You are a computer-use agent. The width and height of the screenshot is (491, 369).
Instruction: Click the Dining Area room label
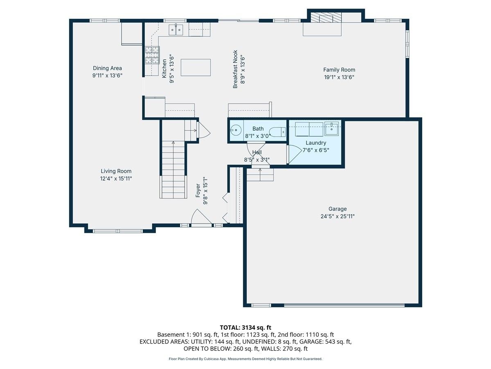[x=107, y=68]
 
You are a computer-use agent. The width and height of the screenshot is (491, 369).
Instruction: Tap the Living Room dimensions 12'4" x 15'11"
[x=116, y=179]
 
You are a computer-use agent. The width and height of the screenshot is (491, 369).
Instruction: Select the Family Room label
[x=339, y=70]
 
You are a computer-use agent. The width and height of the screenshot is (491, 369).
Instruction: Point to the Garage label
[x=338, y=209]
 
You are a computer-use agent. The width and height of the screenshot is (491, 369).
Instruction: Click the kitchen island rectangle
[x=196, y=67]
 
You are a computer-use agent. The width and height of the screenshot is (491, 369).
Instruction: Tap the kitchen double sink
[x=176, y=30]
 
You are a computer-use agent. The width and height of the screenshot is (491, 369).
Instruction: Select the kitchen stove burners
[x=152, y=55]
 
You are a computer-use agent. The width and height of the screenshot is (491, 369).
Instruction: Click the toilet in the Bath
[x=277, y=132]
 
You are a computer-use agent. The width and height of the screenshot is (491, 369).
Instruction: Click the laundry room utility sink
[x=331, y=129]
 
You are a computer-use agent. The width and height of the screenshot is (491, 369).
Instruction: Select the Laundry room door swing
[x=294, y=154]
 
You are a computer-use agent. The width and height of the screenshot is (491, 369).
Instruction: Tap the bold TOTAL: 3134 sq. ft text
[x=245, y=328]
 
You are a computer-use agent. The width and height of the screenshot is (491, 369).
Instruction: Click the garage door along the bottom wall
[x=344, y=305]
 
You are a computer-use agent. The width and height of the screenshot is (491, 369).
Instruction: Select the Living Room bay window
[x=118, y=231]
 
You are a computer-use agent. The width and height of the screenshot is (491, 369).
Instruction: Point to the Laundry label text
[x=316, y=143]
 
